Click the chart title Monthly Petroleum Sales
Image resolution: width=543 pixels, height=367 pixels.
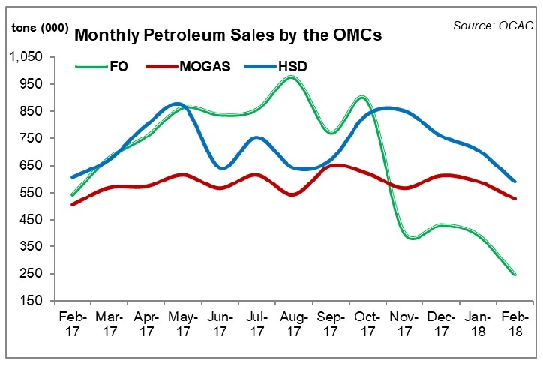(194, 35)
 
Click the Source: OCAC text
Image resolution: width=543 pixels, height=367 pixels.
(493, 26)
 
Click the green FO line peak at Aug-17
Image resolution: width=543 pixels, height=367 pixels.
(291, 77)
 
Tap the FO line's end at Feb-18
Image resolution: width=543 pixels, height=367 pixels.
(514, 274)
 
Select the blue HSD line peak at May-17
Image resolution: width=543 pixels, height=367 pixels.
(177, 104)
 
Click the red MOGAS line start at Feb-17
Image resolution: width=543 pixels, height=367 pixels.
(73, 204)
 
